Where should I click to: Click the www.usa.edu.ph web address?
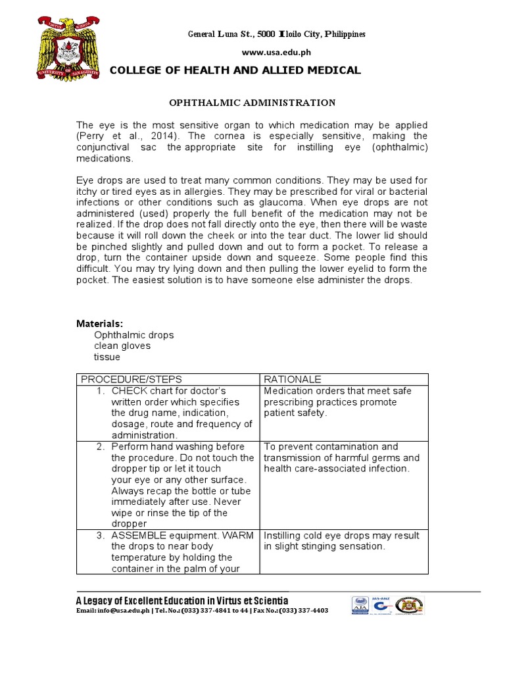pos(268,51)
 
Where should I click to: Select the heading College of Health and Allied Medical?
pos(235,70)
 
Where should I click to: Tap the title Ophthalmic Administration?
pos(252,103)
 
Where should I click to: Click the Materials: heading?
pos(100,323)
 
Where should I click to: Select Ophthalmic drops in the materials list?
pos(133,335)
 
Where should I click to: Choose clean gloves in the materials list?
pos(122,346)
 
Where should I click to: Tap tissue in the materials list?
pos(107,357)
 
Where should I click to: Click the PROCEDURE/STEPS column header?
pos(131,380)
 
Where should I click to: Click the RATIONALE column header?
pos(293,380)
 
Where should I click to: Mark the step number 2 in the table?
pos(101,447)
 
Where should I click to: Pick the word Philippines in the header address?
pos(342,34)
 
